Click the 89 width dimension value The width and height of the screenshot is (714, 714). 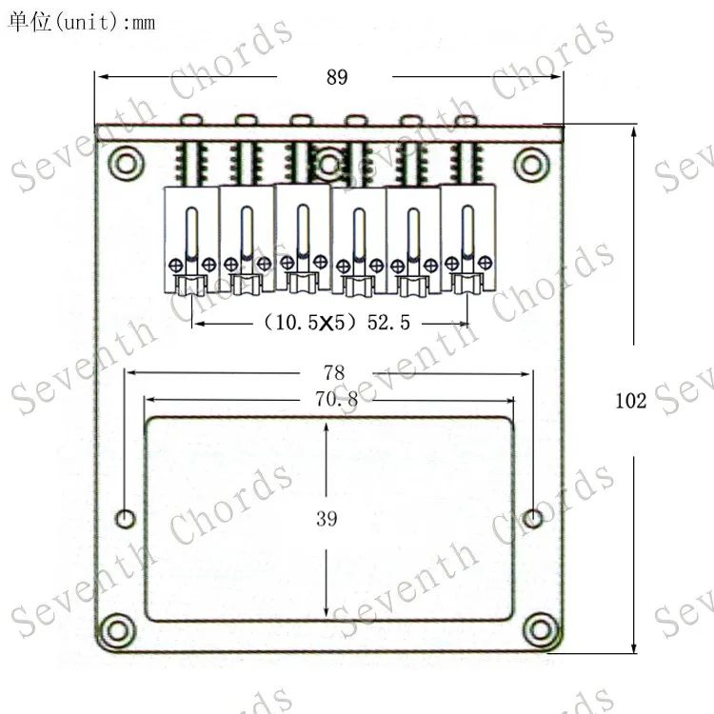coord(337,77)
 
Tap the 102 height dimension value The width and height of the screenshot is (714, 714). coord(630,401)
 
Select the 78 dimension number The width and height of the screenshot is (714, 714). coord(334,373)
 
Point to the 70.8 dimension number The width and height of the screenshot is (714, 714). coord(336,399)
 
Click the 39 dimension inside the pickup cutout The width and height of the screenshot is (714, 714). coord(327,519)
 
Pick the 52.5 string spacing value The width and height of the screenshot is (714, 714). coord(388,323)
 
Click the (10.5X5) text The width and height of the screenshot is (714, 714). coord(309,323)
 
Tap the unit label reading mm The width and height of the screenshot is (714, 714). coord(144,23)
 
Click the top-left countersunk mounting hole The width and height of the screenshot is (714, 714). coord(126,164)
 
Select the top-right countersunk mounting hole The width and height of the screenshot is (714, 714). coord(531,164)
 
